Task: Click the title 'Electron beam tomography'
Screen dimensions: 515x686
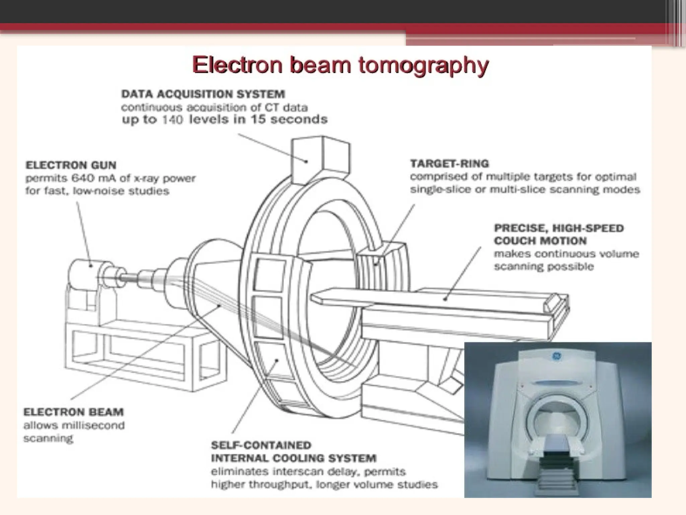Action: point(340,65)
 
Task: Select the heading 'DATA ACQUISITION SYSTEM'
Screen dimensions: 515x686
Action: point(203,94)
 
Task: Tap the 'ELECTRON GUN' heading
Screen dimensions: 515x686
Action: point(71,165)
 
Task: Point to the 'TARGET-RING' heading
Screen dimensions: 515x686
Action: point(450,164)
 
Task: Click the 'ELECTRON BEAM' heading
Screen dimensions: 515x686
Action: point(73,412)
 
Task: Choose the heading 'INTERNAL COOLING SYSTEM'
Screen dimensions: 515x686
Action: point(294,458)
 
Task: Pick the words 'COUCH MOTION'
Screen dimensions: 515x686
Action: point(540,241)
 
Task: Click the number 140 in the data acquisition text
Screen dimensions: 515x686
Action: point(172,120)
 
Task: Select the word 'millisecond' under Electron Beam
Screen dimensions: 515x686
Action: point(93,425)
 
